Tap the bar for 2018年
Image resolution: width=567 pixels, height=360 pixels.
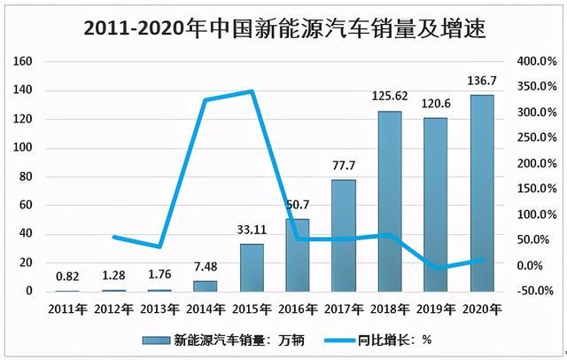point(389,201)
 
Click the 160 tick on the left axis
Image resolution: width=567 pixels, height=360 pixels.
point(23,61)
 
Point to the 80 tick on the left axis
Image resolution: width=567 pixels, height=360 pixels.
point(27,176)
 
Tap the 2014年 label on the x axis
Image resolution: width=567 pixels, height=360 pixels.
point(205,308)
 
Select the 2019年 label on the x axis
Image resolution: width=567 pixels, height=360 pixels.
point(435,308)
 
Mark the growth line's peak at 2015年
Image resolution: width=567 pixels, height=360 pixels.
point(252,91)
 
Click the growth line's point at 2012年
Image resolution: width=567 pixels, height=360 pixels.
point(113,237)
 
